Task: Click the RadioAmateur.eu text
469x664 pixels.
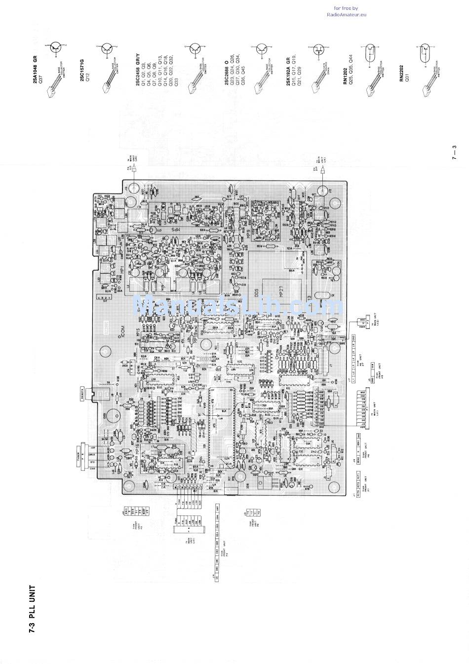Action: point(347,15)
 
